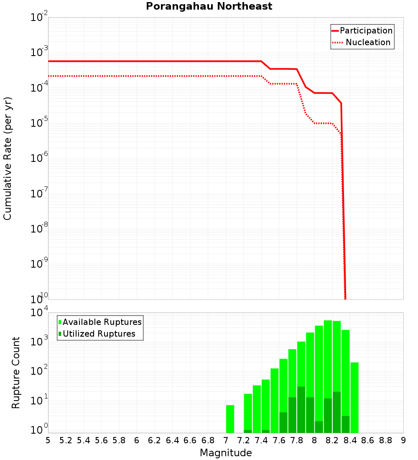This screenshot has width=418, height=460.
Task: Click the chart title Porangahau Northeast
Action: tap(209, 7)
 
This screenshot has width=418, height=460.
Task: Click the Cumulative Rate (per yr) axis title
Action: tap(8, 158)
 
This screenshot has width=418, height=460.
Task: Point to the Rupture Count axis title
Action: tap(16, 373)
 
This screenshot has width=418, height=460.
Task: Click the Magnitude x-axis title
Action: tap(226, 453)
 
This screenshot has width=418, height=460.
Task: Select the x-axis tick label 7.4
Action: tap(261, 440)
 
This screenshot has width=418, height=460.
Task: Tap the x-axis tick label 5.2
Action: tap(66, 440)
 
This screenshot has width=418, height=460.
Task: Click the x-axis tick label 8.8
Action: tap(385, 440)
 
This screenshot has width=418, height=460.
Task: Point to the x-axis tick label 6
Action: tap(137, 440)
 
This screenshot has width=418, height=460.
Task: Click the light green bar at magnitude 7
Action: tap(230, 419)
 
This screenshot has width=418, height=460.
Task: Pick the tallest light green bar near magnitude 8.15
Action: tap(328, 376)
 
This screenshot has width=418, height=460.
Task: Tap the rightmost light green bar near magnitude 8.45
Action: tap(354, 397)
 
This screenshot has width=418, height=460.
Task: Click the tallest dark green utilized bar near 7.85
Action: tap(301, 410)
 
